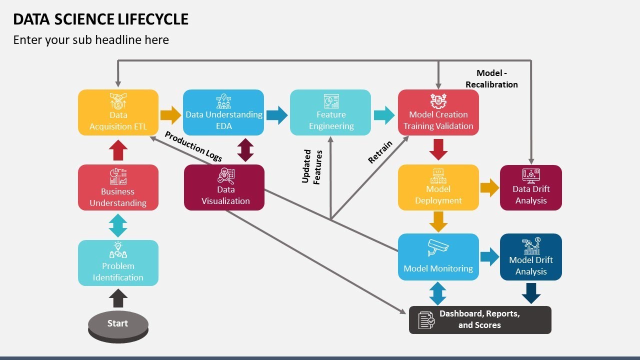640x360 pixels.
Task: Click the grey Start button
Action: click(118, 324)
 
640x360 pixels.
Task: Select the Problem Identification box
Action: click(118, 263)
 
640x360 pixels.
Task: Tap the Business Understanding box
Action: click(118, 187)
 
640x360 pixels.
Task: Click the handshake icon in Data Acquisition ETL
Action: click(118, 101)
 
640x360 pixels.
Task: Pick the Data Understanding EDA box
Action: click(223, 112)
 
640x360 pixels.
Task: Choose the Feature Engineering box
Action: click(330, 112)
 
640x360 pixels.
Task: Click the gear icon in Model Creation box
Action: click(438, 100)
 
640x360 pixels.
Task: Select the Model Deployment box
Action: click(438, 187)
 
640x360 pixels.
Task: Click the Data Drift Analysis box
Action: click(531, 188)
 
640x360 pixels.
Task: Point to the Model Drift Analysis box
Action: click(531, 257)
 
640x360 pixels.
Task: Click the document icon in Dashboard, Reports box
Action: click(426, 320)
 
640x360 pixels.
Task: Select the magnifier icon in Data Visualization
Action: click(225, 176)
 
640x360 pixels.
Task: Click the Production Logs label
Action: click(193, 146)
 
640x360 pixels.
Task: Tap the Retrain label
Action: click(380, 152)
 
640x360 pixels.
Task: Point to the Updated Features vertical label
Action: click(312, 166)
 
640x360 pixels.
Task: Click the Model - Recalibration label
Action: click(491, 79)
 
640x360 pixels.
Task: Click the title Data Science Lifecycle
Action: click(101, 19)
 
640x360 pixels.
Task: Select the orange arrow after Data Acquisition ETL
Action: click(170, 115)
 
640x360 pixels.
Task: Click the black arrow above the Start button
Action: click(118, 298)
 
